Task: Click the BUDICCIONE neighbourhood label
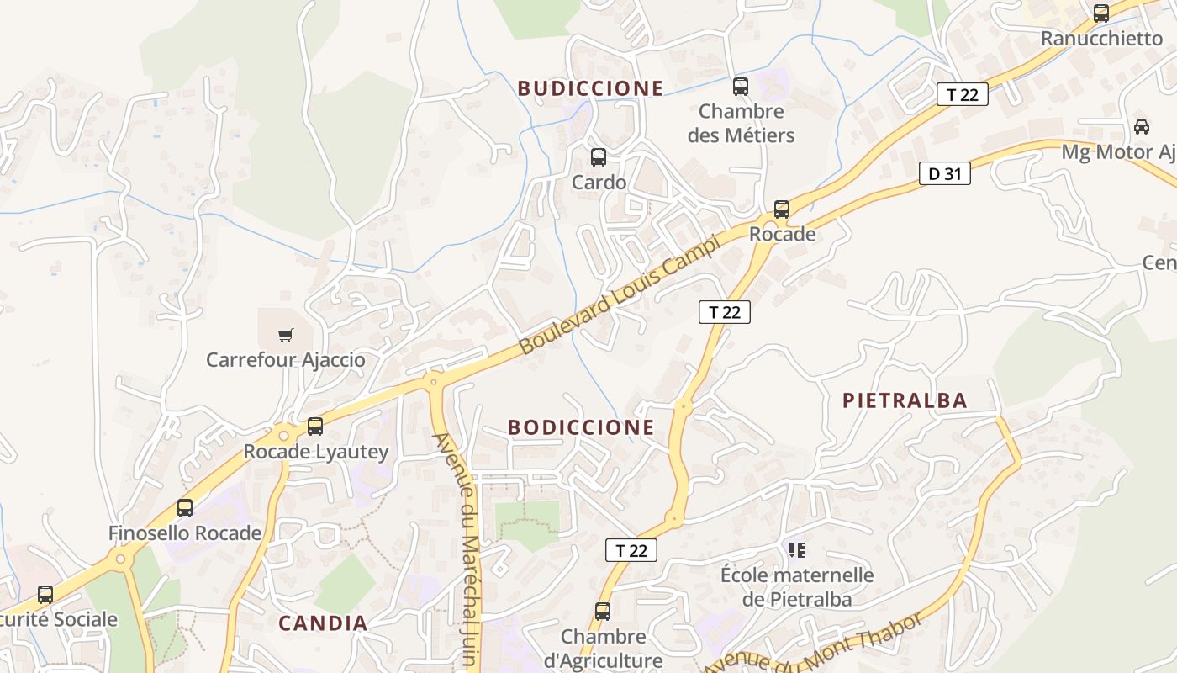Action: pos(590,88)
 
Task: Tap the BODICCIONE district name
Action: pos(581,427)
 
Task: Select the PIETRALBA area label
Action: pos(905,400)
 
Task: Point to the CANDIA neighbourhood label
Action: pos(323,623)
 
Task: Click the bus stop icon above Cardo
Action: pos(599,156)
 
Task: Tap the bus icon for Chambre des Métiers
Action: pos(741,86)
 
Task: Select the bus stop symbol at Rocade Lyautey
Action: pos(315,427)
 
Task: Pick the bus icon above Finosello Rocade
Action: pos(185,508)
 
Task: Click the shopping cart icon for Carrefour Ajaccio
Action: pos(286,335)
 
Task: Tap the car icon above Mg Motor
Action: pos(1142,127)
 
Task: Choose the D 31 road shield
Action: pos(945,174)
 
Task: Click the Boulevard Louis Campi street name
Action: pos(620,294)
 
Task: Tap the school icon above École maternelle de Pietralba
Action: pos(797,550)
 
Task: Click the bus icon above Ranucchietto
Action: pos(1101,13)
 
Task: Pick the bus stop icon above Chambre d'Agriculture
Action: pos(603,612)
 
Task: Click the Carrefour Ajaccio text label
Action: pos(286,360)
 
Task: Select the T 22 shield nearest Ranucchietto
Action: pos(963,94)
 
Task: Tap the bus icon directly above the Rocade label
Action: pos(782,209)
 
